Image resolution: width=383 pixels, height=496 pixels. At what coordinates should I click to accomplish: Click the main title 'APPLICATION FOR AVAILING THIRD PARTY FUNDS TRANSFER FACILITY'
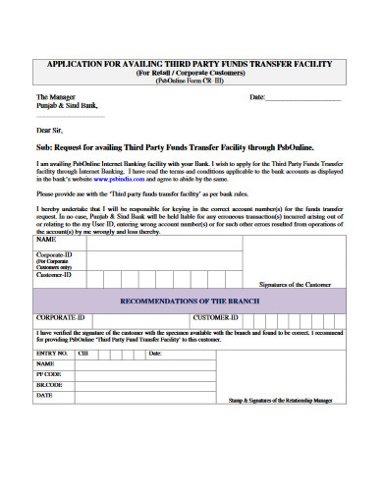191,64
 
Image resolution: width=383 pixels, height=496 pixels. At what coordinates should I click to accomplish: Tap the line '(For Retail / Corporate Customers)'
191,73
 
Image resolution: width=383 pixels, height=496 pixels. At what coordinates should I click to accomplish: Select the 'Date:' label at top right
257,98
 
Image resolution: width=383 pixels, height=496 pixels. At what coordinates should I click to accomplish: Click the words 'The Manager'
56,98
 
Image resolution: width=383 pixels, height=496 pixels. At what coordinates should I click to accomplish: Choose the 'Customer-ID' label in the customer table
54,276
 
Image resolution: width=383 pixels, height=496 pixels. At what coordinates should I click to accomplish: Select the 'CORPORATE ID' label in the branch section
61,318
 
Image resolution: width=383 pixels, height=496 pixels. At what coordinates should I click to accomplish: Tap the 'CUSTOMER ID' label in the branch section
217,318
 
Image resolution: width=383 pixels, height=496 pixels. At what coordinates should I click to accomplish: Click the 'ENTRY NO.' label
52,352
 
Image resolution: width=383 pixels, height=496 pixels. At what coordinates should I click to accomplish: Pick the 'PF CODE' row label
48,374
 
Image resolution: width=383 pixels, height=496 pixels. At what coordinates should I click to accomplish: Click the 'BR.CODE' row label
49,385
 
